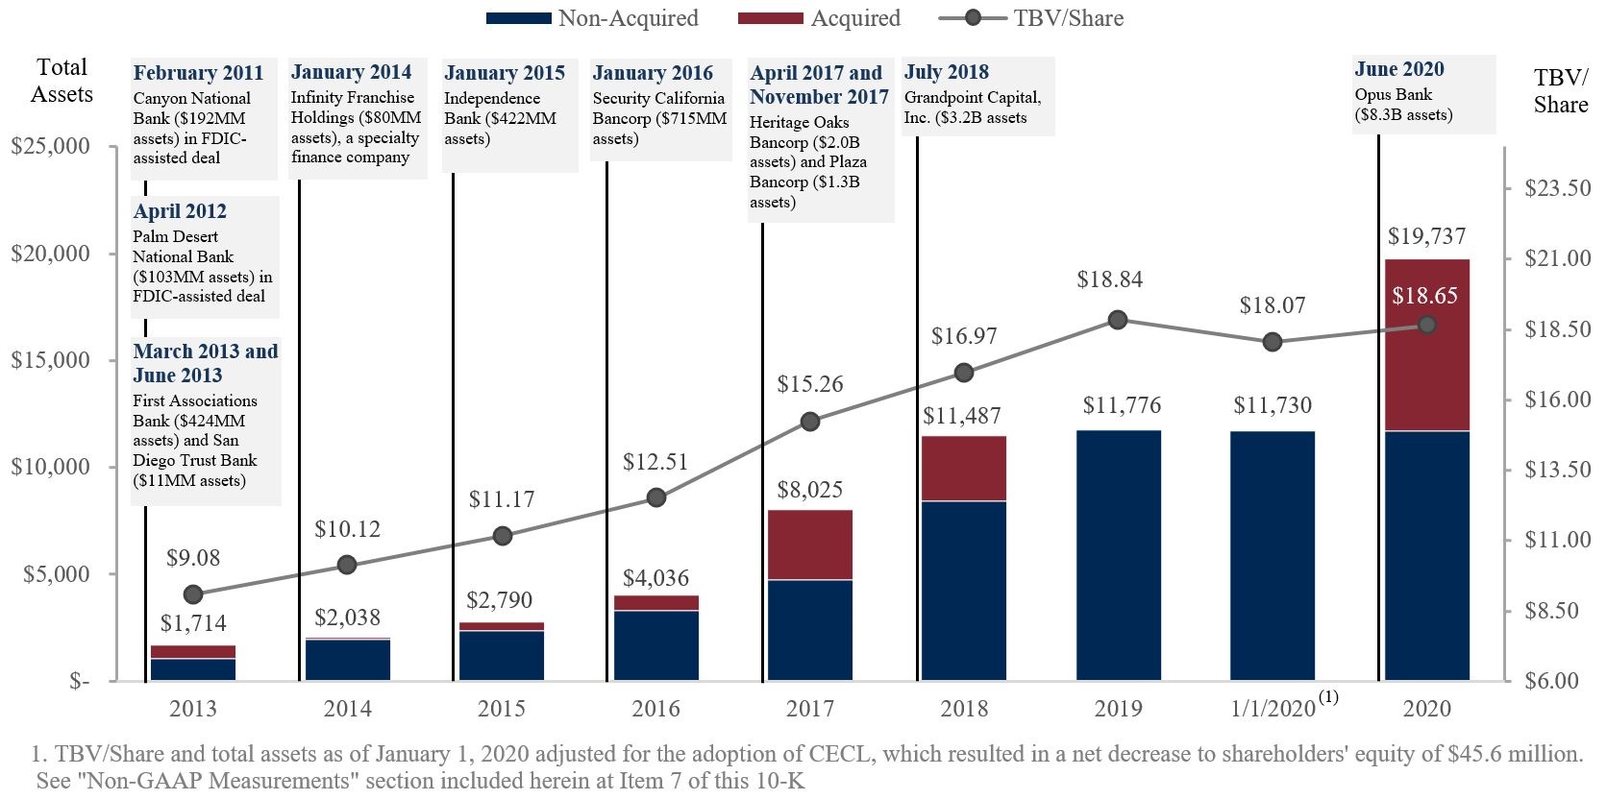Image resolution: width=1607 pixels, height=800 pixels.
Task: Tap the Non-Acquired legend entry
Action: [x=592, y=18]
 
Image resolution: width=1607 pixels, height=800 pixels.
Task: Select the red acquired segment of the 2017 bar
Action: [x=809, y=545]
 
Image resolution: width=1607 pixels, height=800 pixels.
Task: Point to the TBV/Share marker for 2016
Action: [x=655, y=497]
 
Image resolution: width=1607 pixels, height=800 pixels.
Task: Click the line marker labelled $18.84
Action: [x=1117, y=320]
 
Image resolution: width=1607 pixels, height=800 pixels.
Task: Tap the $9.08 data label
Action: [x=193, y=558]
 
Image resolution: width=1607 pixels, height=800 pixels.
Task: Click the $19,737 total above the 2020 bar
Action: [x=1426, y=236]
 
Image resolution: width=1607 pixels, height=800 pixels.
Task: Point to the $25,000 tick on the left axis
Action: [x=50, y=147]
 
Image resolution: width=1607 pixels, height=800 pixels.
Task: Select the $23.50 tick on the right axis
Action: [x=1557, y=188]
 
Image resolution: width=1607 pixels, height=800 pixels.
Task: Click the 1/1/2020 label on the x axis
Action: [x=1273, y=709]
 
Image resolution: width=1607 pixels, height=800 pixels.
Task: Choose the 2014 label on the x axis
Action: [x=347, y=709]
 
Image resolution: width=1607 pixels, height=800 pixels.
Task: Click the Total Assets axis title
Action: [x=62, y=81]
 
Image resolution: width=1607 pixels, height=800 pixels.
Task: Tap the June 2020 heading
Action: [x=1398, y=69]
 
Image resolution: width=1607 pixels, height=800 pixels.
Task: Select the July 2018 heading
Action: [x=946, y=72]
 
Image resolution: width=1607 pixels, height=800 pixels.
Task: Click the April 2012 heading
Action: [x=180, y=211]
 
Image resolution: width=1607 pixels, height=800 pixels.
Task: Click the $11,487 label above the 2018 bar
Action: [x=962, y=416]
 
